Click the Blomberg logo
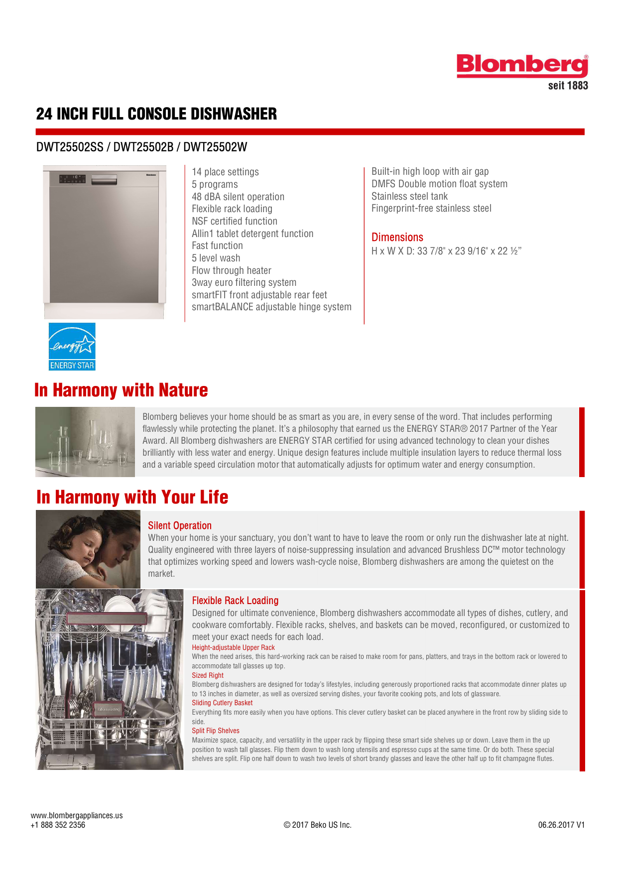click(522, 66)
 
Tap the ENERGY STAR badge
click(72, 347)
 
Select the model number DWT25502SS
click(70, 147)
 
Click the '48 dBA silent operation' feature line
click(238, 197)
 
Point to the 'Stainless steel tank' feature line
click(409, 196)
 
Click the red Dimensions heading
click(397, 238)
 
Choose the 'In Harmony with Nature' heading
click(121, 390)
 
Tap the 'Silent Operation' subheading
click(179, 526)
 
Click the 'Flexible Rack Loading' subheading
click(235, 601)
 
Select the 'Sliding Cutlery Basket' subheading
click(222, 703)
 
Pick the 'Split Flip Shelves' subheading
click(216, 731)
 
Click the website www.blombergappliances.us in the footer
click(77, 815)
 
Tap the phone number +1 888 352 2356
click(58, 825)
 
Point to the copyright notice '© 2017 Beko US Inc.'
click(318, 825)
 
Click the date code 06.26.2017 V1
click(561, 825)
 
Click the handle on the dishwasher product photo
click(104, 179)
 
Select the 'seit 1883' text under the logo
click(568, 86)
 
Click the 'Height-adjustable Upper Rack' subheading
click(233, 647)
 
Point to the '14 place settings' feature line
click(225, 172)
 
